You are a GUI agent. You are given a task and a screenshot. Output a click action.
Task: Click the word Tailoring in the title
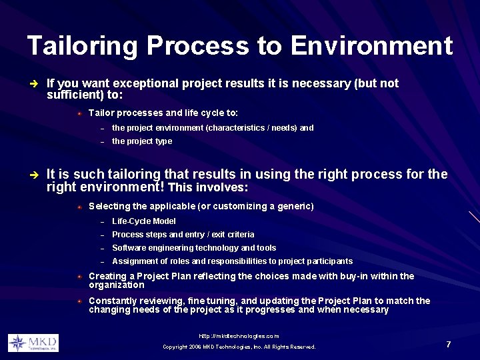point(83,46)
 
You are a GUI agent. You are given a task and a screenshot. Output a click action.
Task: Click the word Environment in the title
point(371,46)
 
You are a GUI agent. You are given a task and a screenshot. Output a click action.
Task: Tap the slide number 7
point(449,344)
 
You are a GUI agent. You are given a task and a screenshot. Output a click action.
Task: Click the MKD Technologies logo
point(33,343)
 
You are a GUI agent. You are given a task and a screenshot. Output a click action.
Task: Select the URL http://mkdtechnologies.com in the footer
point(239,336)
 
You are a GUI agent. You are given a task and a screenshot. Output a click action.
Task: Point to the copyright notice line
point(239,347)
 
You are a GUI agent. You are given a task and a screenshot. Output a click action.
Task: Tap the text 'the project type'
point(142,141)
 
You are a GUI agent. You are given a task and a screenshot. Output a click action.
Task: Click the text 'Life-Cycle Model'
point(144,221)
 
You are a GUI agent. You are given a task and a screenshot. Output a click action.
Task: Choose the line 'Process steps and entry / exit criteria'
point(183,235)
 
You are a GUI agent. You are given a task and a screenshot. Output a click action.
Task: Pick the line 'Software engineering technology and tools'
point(194,248)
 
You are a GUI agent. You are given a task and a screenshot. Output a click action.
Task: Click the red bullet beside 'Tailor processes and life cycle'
point(79,113)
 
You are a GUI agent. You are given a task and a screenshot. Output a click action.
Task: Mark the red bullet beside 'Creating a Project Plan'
point(79,276)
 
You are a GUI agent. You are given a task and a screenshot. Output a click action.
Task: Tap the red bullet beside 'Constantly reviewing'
point(79,301)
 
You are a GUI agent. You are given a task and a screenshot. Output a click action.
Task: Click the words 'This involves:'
point(209,187)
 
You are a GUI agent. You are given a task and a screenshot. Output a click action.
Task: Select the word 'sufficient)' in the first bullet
point(73,95)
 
